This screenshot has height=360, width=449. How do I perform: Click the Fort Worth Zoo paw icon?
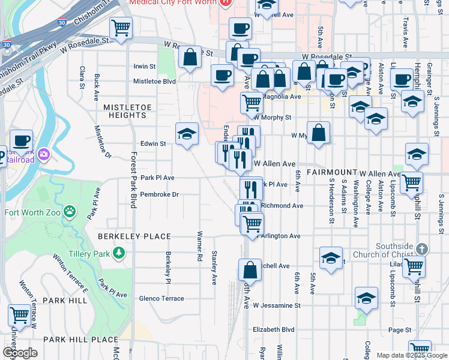(71, 211)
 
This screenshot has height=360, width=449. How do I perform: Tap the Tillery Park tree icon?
(119, 254)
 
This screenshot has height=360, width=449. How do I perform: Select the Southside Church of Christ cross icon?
(422, 248)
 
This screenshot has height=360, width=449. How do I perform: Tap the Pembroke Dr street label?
(159, 194)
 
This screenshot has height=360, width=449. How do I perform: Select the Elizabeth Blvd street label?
(274, 329)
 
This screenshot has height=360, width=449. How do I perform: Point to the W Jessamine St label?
(277, 305)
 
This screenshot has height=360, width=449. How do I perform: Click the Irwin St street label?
(145, 67)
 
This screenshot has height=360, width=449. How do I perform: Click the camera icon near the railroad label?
(43, 155)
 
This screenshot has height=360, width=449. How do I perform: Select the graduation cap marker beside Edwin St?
(187, 134)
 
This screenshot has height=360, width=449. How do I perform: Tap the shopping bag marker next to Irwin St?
(190, 58)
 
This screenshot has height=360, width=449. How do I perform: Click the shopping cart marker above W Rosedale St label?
(121, 27)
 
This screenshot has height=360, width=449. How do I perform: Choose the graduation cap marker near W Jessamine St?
(366, 298)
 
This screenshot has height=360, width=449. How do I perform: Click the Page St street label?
(399, 329)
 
